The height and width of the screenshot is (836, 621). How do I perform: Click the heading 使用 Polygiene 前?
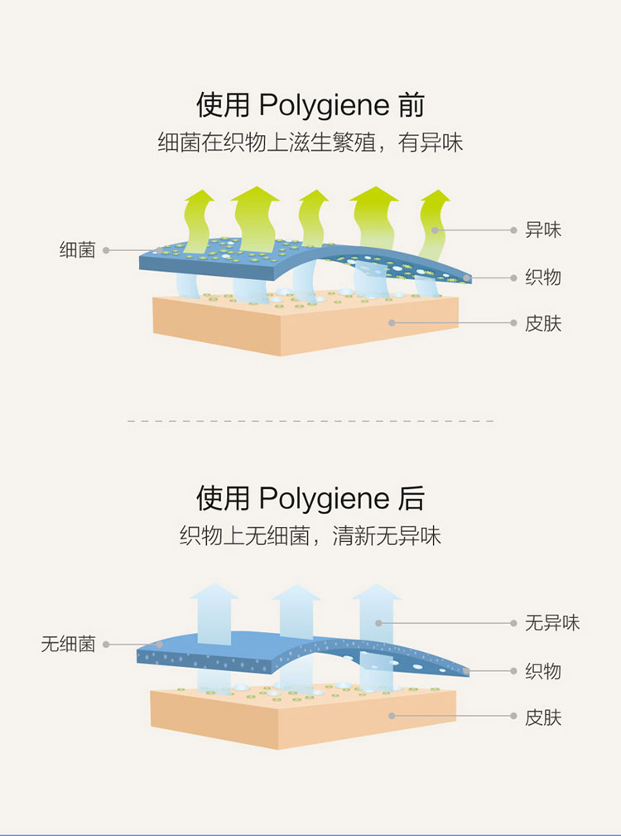tap(310, 106)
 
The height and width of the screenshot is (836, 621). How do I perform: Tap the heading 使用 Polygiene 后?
tap(310, 499)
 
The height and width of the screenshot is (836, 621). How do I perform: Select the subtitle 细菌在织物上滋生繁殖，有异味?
tap(310, 143)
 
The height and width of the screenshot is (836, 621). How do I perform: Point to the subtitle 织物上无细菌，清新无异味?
tap(310, 536)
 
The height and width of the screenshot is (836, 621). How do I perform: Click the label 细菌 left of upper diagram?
tap(77, 249)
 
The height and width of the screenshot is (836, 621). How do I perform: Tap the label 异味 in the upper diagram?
tap(543, 230)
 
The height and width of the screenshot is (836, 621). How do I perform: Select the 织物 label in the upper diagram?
tap(543, 277)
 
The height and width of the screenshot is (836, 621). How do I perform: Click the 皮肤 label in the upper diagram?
tap(543, 323)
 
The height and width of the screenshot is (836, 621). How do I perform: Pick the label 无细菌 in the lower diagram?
tap(68, 644)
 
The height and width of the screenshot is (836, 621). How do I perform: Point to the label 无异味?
tap(552, 623)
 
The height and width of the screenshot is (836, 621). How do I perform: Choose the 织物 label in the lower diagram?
tap(543, 670)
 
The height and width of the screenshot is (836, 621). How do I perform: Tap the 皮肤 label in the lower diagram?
tap(543, 717)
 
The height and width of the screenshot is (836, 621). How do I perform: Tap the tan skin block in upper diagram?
tap(306, 327)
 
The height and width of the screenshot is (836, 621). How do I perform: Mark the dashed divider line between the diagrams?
tap(310, 421)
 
